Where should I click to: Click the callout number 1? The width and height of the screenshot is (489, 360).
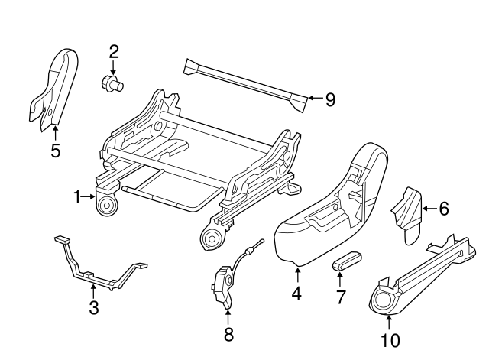pyautogui.click(x=77, y=198)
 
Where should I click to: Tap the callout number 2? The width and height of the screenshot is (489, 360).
pyautogui.click(x=114, y=52)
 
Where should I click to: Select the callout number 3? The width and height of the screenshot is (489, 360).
pyautogui.click(x=92, y=307)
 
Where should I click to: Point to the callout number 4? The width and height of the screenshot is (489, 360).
pyautogui.click(x=296, y=292)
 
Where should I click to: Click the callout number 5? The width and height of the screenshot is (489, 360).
pyautogui.click(x=55, y=151)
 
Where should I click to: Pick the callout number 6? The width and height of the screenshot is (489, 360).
pyautogui.click(x=445, y=207)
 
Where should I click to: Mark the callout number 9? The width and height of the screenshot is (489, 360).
pyautogui.click(x=330, y=99)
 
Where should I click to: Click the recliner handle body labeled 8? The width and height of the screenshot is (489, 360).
pyautogui.click(x=222, y=284)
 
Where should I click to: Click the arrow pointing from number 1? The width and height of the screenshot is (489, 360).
pyautogui.click(x=90, y=198)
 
